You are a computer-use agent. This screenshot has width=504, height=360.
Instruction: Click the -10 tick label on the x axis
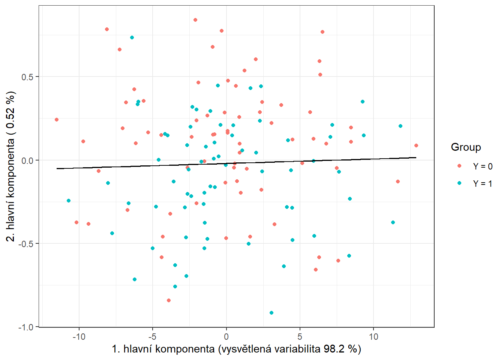pyautogui.click(x=79, y=337)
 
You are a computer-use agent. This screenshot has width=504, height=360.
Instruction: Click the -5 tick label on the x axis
pyautogui.click(x=153, y=337)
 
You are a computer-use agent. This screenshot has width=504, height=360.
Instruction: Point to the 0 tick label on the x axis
pyautogui.click(x=226, y=337)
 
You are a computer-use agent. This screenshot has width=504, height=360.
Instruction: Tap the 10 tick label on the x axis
pyautogui.click(x=373, y=337)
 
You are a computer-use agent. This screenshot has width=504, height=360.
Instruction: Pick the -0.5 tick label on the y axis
pyautogui.click(x=25, y=244)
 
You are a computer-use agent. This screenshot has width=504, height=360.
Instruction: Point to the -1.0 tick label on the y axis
pyautogui.click(x=25, y=327)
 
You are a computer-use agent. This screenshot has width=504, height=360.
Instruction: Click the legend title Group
pyautogui.click(x=466, y=147)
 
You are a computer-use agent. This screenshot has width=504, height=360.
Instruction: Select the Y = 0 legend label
pyautogui.click(x=483, y=166)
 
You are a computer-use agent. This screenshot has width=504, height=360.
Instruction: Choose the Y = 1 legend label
pyautogui.click(x=483, y=184)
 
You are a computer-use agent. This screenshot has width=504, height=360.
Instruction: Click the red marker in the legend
pyautogui.click(x=459, y=166)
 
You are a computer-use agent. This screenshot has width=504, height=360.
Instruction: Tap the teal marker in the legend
pyautogui.click(x=459, y=183)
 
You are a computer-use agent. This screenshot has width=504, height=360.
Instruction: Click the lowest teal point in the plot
pyautogui.click(x=271, y=313)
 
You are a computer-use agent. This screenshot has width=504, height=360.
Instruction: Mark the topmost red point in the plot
pyautogui.click(x=195, y=20)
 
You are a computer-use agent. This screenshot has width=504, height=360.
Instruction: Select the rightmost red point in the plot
pyautogui.click(x=416, y=145)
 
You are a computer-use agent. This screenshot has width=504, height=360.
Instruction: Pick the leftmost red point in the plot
pyautogui.click(x=57, y=120)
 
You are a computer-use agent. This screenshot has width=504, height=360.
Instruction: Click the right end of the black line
pyautogui.click(x=416, y=157)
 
